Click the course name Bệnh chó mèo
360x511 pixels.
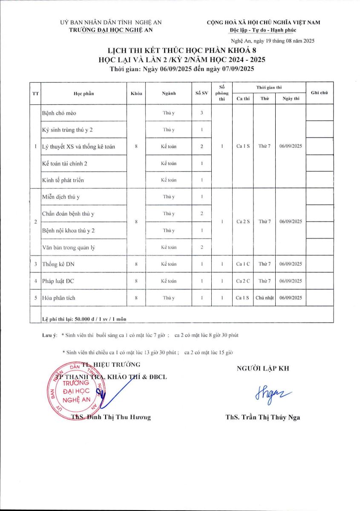coord(59,113)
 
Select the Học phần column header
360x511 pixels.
coord(84,94)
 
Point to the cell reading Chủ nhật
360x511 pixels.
coord(264,298)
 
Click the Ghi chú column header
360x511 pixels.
coord(319,93)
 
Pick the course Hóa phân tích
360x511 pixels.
coord(59,298)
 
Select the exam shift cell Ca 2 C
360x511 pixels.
coord(242,281)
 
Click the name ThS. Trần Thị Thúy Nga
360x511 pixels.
coord(263,417)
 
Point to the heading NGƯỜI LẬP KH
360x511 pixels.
coord(262,369)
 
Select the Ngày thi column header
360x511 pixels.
coord(291,99)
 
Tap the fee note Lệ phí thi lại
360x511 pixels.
coord(84,319)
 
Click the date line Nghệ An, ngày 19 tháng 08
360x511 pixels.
coord(272,41)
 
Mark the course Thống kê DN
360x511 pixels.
coord(58,264)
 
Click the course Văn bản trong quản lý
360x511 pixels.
coord(67,247)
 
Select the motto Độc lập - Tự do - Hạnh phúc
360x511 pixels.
coord(263,30)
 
